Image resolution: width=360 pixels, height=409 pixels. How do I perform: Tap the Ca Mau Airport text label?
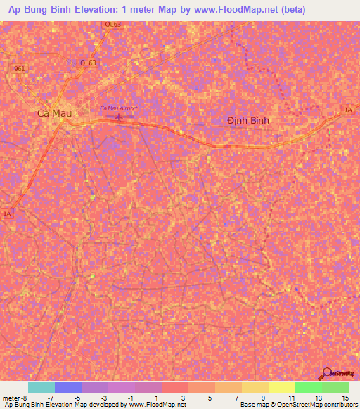(118, 108)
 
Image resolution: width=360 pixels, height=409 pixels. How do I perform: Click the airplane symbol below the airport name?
(118, 117)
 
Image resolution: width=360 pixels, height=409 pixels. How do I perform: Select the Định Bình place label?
(248, 120)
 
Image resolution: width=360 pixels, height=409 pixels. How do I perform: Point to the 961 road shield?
(19, 68)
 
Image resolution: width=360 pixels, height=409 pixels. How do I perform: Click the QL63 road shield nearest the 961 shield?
(88, 63)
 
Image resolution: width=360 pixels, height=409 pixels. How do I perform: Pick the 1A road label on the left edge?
(7, 213)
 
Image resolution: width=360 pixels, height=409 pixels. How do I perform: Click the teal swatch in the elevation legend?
(41, 387)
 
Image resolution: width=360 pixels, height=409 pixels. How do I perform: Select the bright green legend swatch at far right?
(335, 387)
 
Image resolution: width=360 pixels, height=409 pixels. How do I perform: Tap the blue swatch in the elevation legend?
(67, 387)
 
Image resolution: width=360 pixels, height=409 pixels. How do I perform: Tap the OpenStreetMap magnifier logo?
(326, 373)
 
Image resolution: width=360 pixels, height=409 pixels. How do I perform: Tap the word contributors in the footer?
(340, 405)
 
